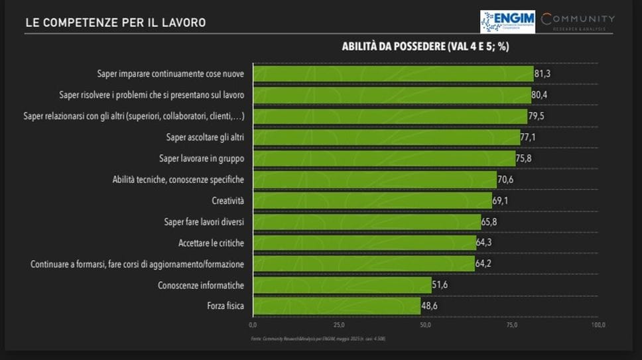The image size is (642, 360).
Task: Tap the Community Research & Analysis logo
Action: pyautogui.click(x=577, y=21)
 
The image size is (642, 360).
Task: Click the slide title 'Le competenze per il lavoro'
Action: pyautogui.click(x=115, y=23)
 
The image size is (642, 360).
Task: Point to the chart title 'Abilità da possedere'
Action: pyautogui.click(x=425, y=46)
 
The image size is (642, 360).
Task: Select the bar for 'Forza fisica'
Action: pyautogui.click(x=336, y=306)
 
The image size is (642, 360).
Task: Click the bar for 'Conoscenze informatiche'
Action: pyautogui.click(x=342, y=285)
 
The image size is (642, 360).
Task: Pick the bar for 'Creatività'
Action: pyautogui.click(x=372, y=201)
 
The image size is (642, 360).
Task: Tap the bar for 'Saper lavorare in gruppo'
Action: pyautogui.click(x=383, y=158)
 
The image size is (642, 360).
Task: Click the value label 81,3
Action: pyautogui.click(x=544, y=74)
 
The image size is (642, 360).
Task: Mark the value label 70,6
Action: pyautogui.click(x=507, y=180)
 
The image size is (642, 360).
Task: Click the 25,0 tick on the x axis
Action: pyautogui.click(x=339, y=326)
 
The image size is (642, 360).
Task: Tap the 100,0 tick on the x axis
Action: pyautogui.click(x=598, y=326)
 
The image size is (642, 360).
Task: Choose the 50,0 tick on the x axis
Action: pyautogui.click(x=425, y=326)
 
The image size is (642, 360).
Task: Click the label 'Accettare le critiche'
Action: pyautogui.click(x=211, y=243)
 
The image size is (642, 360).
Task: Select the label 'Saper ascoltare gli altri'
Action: pyautogui.click(x=205, y=137)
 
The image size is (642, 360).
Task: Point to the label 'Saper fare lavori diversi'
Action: pyautogui.click(x=204, y=222)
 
